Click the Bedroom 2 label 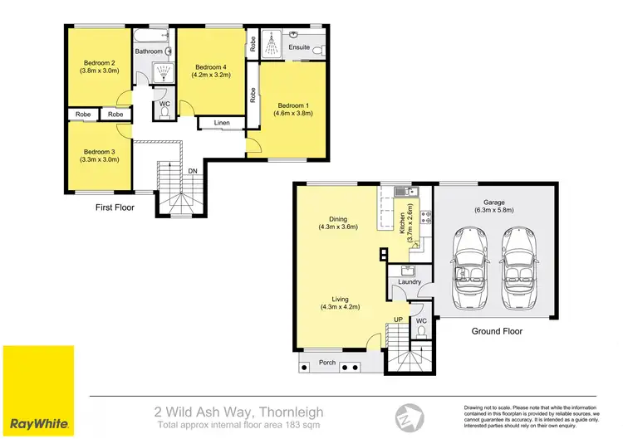(98, 62)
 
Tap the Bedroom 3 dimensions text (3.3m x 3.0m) (99, 159)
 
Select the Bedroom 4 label (209, 67)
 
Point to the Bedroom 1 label (292, 105)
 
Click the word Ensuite (299, 47)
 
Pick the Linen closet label (221, 123)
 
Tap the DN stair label (192, 171)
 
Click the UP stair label (398, 319)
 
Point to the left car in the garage (470, 265)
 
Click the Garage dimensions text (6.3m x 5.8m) (495, 210)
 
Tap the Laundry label (410, 281)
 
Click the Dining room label (337, 217)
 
